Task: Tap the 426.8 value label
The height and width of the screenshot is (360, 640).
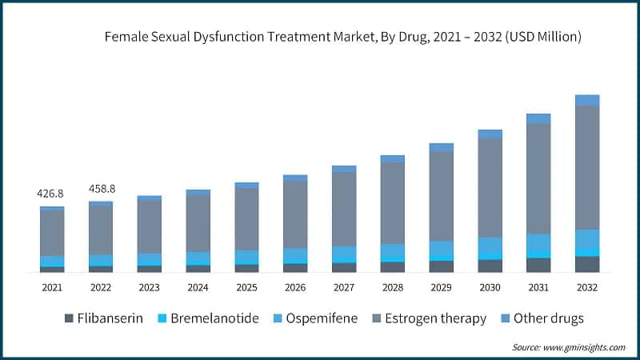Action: point(52,194)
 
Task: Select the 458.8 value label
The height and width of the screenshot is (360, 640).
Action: point(101,189)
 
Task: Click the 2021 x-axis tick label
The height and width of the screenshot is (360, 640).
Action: point(52,287)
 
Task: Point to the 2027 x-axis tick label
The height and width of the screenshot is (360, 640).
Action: point(344,287)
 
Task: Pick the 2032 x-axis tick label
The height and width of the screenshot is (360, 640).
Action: point(587,287)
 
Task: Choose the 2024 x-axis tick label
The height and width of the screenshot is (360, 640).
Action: point(198,287)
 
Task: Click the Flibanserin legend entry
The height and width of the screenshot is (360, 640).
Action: point(103,318)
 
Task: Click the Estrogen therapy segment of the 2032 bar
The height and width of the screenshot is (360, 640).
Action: point(587,167)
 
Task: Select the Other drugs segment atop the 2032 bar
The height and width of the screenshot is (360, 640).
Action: point(587,100)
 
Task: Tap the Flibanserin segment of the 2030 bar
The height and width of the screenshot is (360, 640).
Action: point(490,266)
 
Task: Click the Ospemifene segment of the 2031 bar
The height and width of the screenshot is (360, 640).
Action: point(538,242)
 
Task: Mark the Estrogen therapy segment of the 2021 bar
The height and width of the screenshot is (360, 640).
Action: point(52,233)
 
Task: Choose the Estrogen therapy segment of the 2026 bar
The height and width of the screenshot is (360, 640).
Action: point(295,214)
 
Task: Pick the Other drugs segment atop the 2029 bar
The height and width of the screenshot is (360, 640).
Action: point(441,147)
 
